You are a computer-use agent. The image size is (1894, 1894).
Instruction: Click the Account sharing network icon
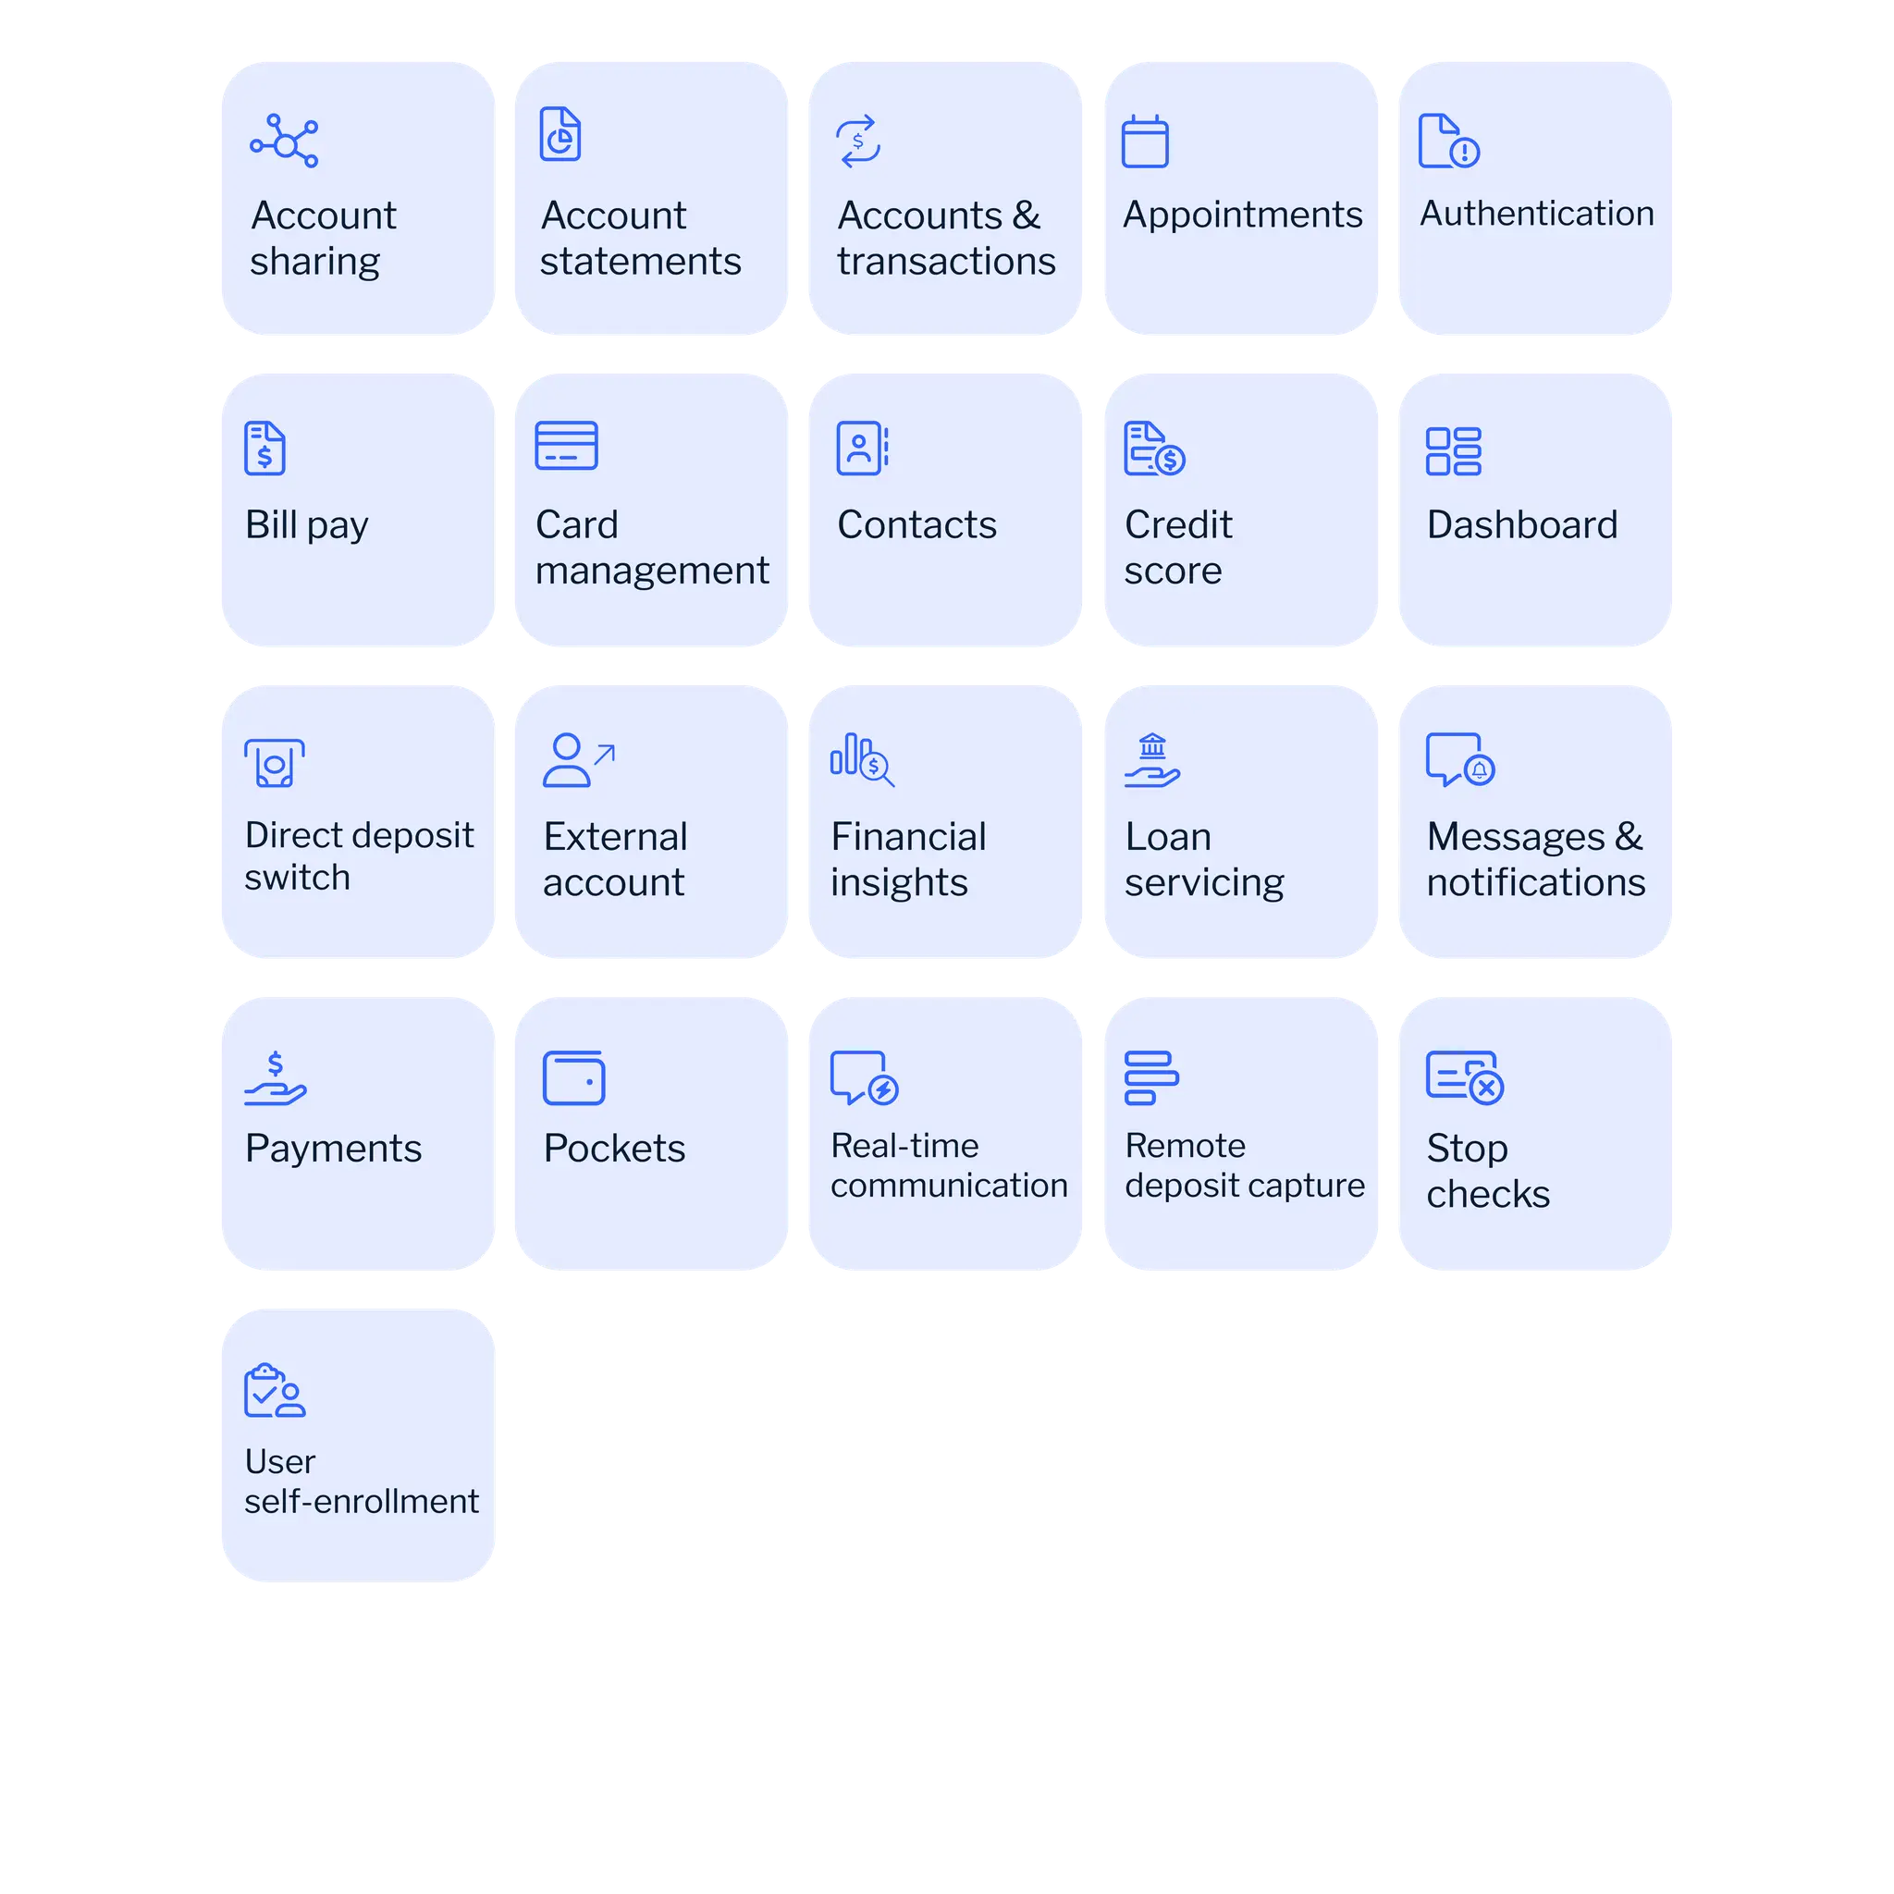284,142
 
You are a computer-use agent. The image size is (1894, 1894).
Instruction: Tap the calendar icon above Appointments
1145,142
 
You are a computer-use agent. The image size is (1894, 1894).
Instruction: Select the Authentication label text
1536,214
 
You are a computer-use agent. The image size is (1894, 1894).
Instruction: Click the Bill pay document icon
264,449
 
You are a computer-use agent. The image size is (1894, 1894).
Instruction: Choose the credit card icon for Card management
566,446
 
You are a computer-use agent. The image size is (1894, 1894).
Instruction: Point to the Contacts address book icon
862,449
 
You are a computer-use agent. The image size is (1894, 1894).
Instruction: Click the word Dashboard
1521,525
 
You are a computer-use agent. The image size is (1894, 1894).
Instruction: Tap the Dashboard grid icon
1453,451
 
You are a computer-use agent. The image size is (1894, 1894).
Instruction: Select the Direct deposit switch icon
275,763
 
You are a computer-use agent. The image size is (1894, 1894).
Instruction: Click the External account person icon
577,761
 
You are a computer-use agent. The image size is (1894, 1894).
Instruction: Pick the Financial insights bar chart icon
862,761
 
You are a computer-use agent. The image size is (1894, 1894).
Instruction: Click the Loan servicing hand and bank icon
1152,762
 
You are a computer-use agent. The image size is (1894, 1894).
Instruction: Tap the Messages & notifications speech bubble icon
1459,761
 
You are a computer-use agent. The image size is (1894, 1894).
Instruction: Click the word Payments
333,1149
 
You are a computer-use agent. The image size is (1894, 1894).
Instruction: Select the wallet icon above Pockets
573,1078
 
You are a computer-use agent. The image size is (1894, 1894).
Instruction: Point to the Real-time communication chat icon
864,1078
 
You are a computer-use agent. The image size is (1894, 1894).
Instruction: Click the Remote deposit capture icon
1150,1078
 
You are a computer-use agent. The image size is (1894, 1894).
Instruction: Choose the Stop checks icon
1465,1078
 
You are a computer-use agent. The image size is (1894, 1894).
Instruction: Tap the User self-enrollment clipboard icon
275,1391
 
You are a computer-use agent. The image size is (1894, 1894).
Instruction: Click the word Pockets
615,1149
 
